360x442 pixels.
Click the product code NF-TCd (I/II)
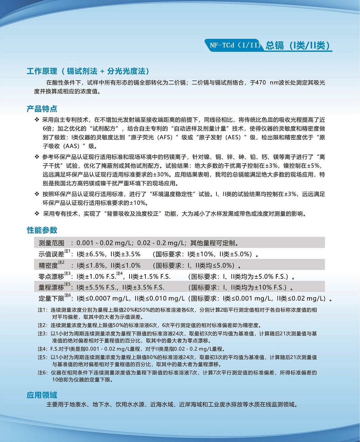coord(235,45)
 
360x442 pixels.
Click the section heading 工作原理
coord(42,71)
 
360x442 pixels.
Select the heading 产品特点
coord(42,109)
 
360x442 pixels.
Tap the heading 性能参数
coord(42,230)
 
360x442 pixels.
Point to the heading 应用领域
coord(42,395)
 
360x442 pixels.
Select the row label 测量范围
coord(51,243)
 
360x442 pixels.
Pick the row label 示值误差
coord(51,254)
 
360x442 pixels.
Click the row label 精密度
coord(48,265)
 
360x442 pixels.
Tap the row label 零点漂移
coord(51,277)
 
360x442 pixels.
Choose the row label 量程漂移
coord(51,287)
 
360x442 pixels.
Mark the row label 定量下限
coord(51,299)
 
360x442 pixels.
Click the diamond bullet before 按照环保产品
coord(37,194)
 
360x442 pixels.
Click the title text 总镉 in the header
coord(275,45)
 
